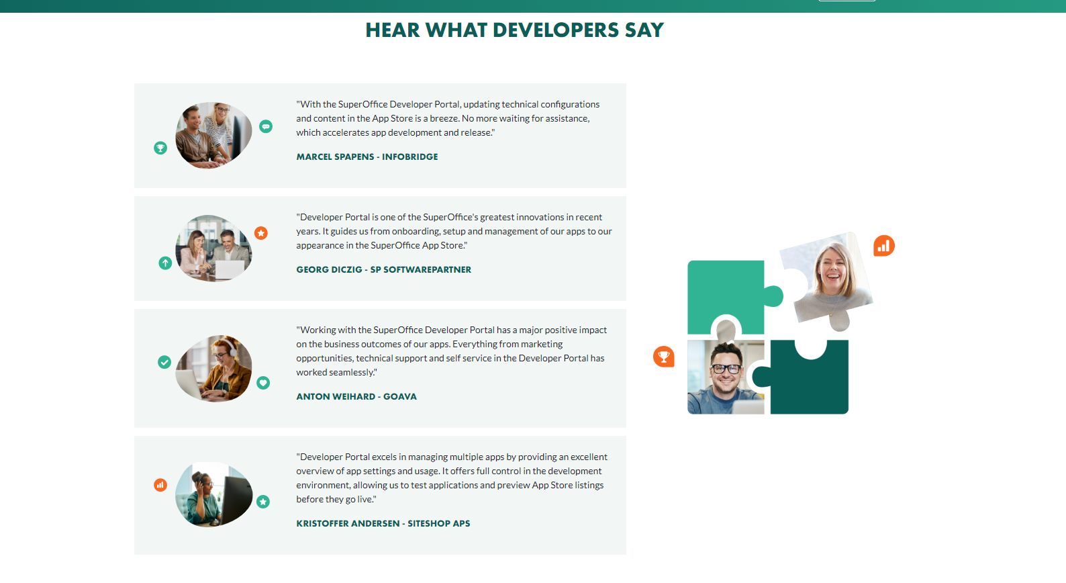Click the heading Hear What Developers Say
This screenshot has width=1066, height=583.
point(514,30)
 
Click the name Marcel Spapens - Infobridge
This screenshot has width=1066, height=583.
point(367,156)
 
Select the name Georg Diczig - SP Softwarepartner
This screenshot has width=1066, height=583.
point(383,269)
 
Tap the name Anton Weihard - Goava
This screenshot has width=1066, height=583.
point(356,396)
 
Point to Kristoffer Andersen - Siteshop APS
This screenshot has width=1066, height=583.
point(383,523)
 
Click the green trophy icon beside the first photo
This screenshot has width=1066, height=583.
point(160,148)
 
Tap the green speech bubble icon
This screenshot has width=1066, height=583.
point(266,126)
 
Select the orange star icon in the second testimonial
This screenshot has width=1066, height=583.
point(260,233)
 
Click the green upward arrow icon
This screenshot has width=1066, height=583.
point(165,263)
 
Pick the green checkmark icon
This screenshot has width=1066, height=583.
point(164,362)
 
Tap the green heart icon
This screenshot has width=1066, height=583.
point(263,383)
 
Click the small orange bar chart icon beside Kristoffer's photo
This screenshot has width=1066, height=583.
point(160,485)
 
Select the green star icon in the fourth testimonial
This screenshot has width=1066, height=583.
point(263,502)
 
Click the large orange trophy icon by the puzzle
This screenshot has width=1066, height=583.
point(664,356)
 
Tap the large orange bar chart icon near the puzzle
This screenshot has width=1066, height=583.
point(883,246)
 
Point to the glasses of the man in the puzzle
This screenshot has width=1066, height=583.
point(725,368)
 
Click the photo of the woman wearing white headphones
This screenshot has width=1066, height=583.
point(213,368)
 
